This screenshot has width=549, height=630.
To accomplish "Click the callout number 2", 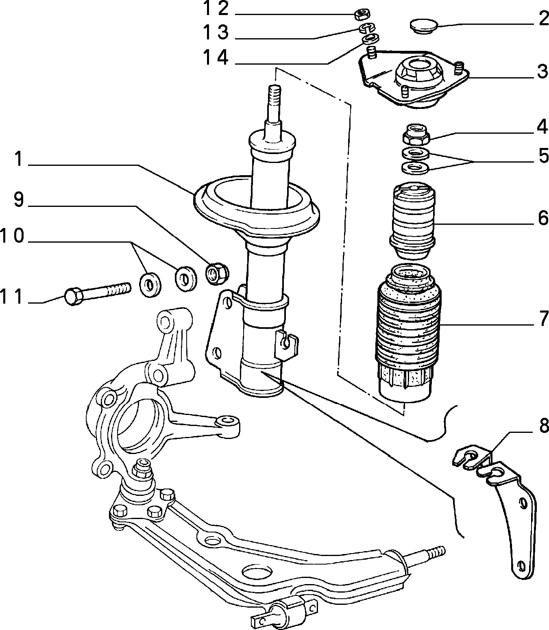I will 543,19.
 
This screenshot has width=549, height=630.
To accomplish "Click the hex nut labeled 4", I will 416,134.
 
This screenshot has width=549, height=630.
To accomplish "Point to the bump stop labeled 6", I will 412,222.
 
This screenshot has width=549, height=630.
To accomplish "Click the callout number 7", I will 543,318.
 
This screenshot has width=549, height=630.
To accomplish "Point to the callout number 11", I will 12,297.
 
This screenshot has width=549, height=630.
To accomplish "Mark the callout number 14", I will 216,58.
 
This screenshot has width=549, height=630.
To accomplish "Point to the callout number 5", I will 543,156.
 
